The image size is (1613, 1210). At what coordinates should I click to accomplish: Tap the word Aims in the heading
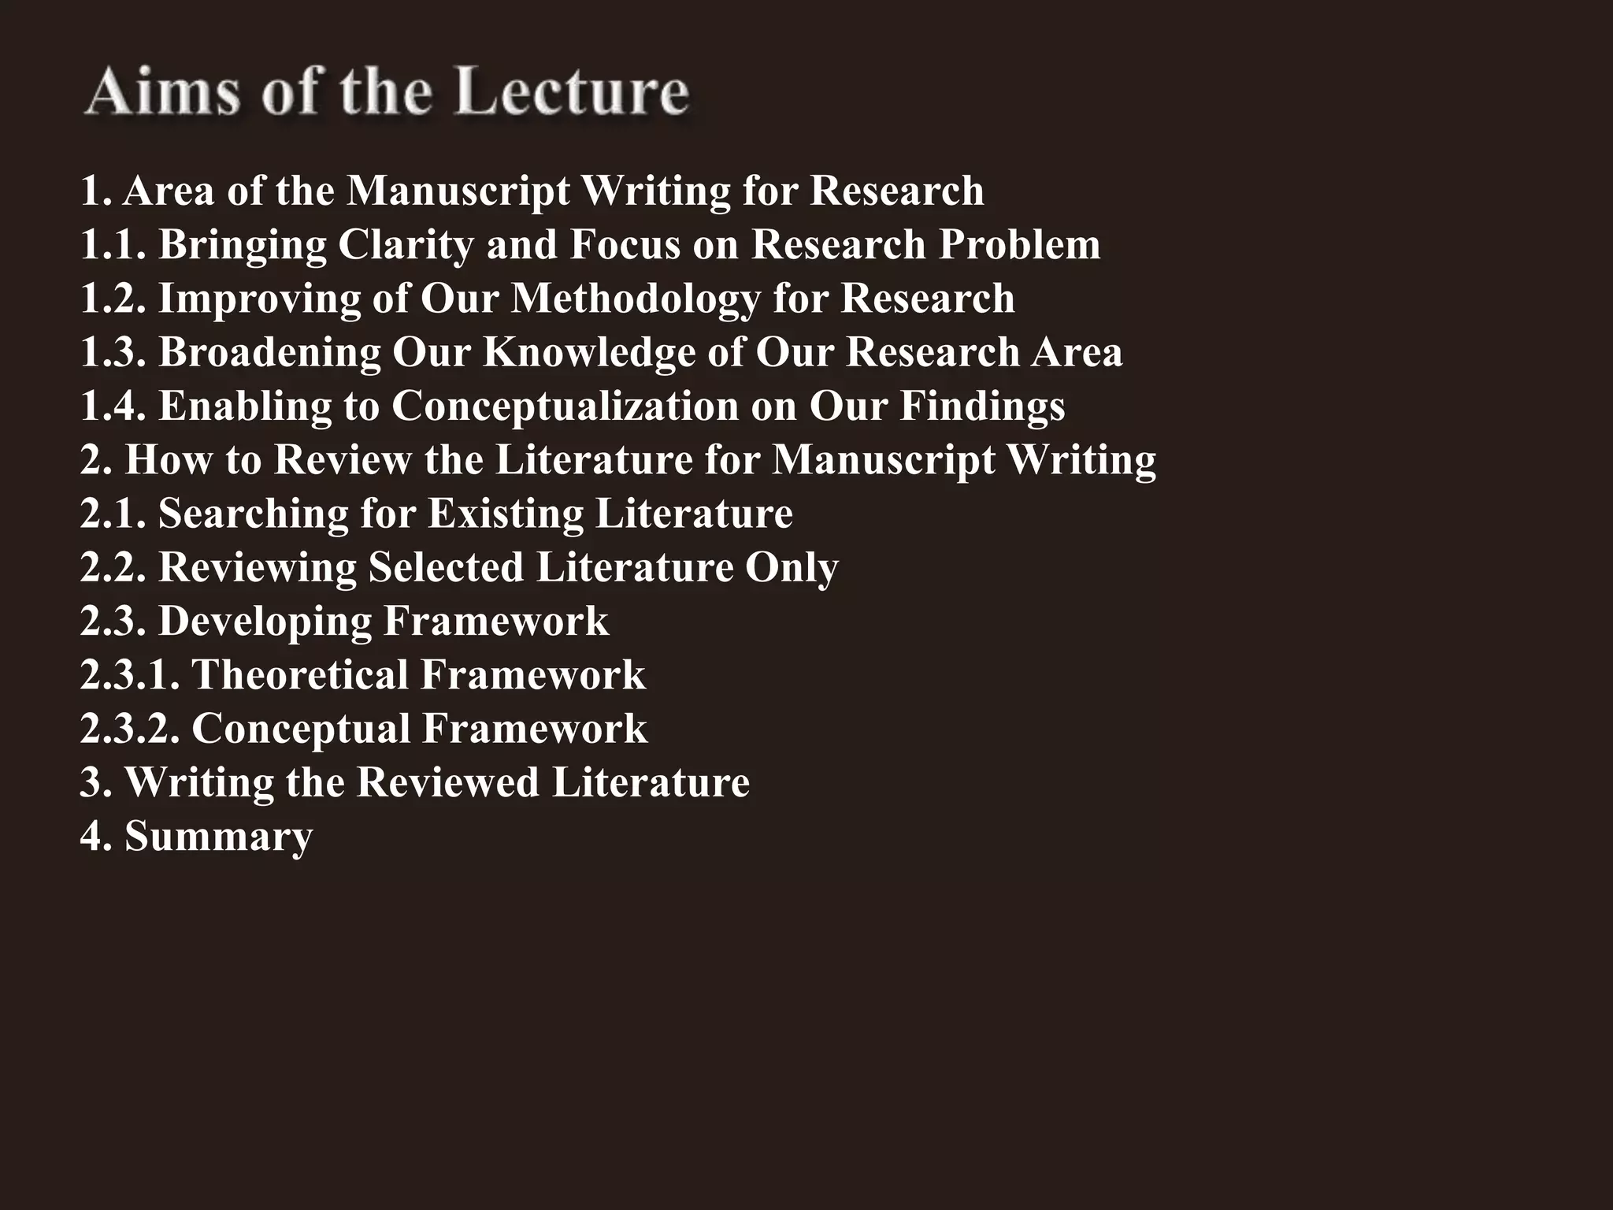click(x=162, y=92)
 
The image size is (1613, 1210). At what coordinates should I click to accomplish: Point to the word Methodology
click(x=635, y=299)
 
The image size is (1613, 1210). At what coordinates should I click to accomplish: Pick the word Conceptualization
click(x=565, y=406)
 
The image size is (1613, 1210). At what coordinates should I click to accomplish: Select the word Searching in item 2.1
click(x=254, y=514)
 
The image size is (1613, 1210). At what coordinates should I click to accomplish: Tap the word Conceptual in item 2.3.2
click(x=300, y=729)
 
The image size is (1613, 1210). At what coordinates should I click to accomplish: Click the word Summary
click(x=219, y=837)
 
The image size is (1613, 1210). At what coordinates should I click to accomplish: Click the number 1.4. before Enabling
click(x=113, y=406)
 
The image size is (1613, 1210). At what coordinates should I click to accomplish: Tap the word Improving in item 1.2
click(x=259, y=299)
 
